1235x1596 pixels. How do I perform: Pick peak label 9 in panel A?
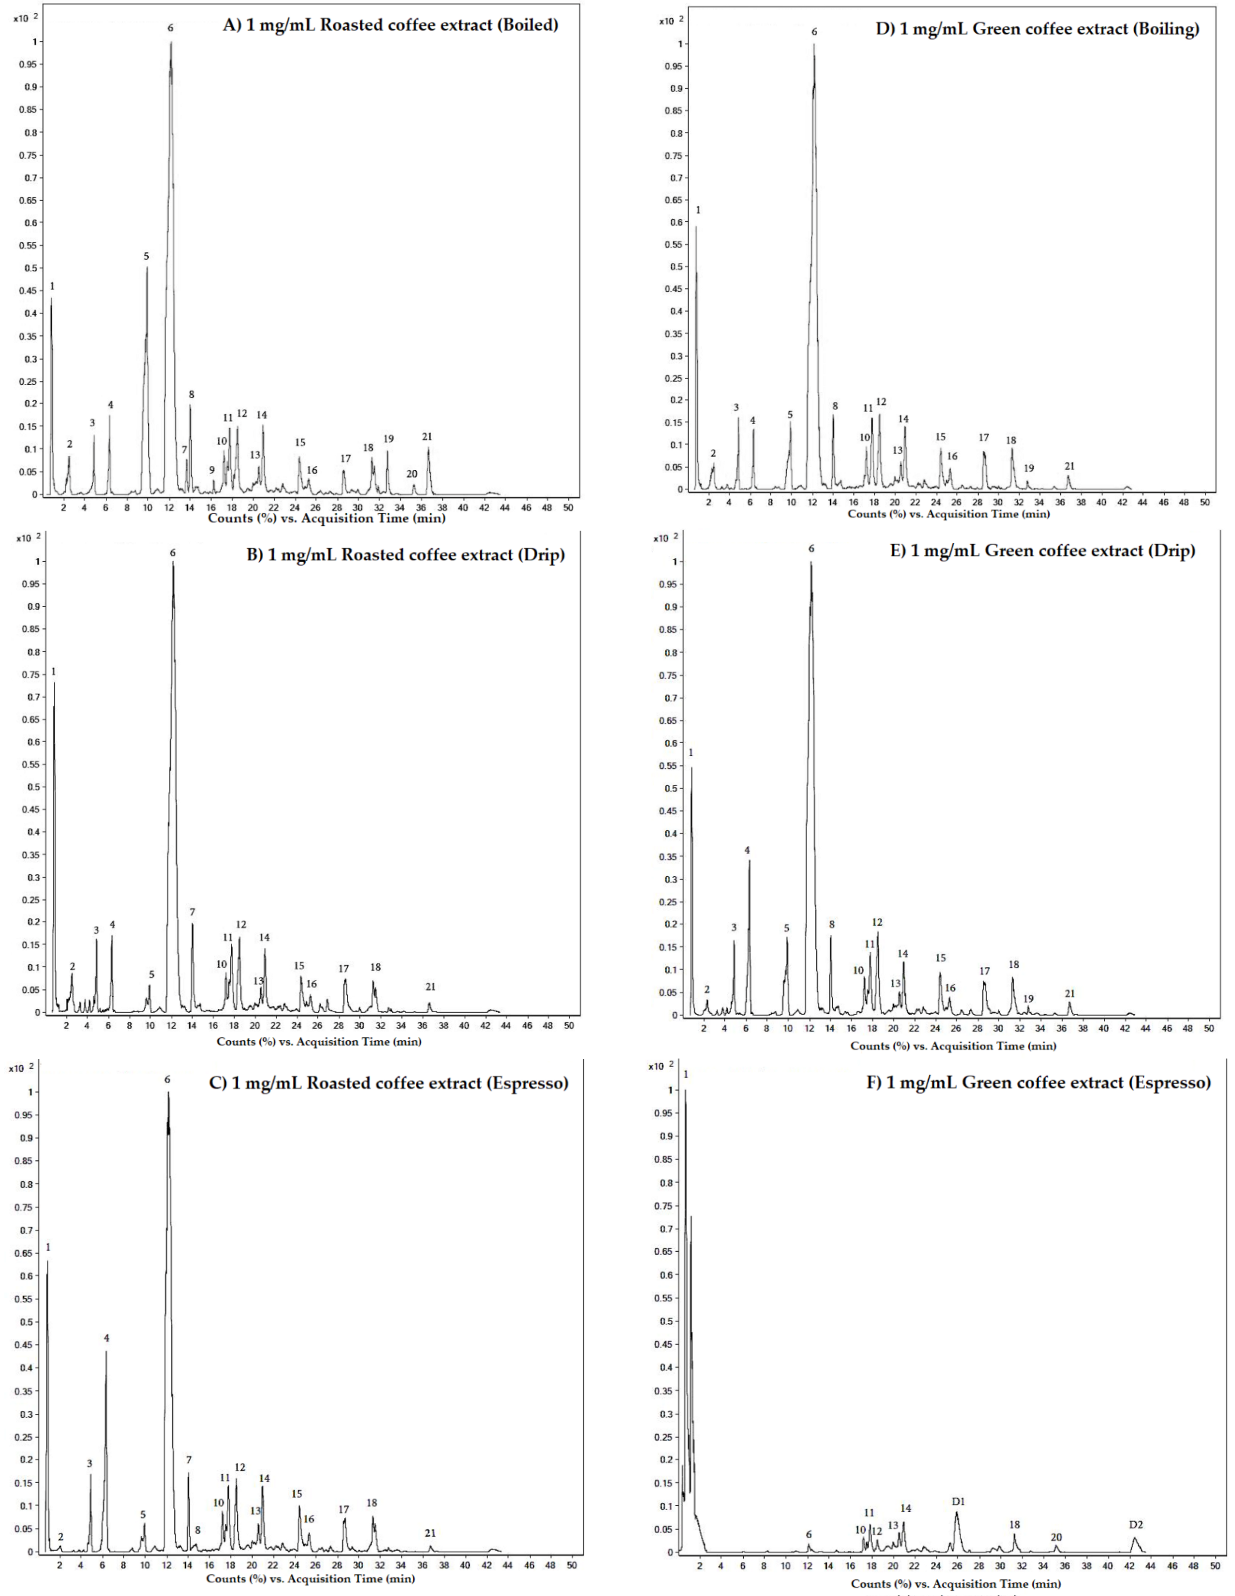pos(212,470)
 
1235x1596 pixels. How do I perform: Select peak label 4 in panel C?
pos(107,1338)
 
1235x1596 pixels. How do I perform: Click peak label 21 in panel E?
pos(1070,994)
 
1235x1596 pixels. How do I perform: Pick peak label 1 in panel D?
pos(698,210)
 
